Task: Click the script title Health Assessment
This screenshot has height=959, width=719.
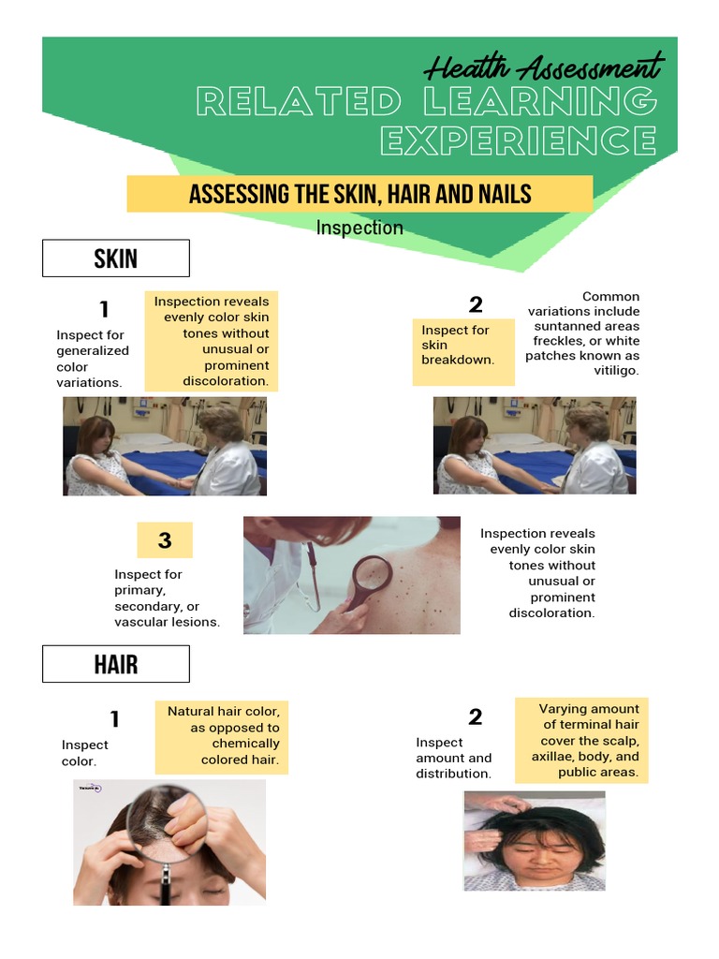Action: point(543,68)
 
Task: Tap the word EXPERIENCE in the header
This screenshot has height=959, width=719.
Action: point(519,141)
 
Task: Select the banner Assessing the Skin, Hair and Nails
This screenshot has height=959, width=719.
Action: point(359,194)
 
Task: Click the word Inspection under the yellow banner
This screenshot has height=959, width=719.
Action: point(359,228)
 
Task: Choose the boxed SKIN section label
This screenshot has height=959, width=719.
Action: point(116,258)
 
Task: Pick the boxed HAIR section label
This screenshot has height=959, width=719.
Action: point(116,665)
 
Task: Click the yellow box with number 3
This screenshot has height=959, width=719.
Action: point(165,540)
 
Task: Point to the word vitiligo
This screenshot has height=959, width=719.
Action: point(616,371)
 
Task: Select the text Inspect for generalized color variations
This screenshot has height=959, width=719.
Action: point(92,359)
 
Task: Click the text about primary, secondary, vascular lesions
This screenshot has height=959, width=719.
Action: point(167,598)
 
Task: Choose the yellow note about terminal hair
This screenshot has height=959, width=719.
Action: point(583,740)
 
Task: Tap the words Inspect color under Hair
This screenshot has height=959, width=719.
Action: point(84,753)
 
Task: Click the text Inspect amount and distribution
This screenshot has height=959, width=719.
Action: point(453,758)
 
